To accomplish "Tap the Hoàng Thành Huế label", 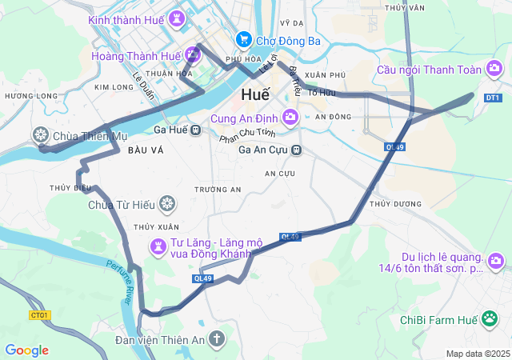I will coord(136,56).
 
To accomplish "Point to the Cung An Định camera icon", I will coord(290,118).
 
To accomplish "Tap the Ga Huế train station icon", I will coord(196,130).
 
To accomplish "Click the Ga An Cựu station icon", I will coord(296,150).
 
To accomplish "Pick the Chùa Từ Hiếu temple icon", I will coord(167,204).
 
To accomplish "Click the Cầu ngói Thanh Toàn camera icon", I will coord(494,70).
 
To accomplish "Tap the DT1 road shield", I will coord(493,98).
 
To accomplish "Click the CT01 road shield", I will coord(39,315).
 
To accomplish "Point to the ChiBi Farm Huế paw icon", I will coord(490,320).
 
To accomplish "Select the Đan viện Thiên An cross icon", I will coord(216,338).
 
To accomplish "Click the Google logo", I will coord(26,350).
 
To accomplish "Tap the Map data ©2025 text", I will coord(478,354).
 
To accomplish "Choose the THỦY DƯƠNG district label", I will coord(395,204).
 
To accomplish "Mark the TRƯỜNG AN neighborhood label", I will coord(218,190).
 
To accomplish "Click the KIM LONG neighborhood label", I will coord(113,86).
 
